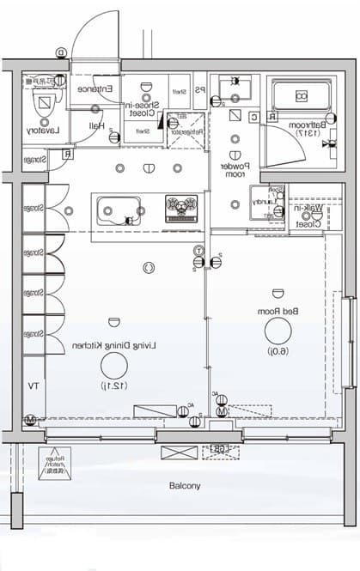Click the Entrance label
(92, 89)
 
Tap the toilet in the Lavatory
(41, 103)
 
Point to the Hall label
(96, 125)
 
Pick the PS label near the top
(199, 90)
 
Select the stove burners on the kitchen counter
(181, 206)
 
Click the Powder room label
(233, 168)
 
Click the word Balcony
(184, 485)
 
